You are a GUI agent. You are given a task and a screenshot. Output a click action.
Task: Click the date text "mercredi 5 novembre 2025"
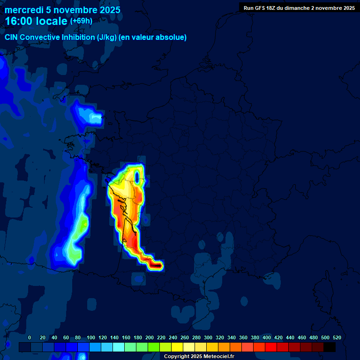pos(62,10)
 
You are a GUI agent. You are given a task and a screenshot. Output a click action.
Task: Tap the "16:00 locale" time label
pos(36,21)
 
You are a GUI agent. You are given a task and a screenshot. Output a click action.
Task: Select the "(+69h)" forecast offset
pos(82,21)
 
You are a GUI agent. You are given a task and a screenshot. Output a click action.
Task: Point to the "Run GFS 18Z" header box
pos(299,8)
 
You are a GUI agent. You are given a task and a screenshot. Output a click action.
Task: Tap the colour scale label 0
pos(30,337)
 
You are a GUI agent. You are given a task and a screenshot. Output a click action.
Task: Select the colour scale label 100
pos(91,337)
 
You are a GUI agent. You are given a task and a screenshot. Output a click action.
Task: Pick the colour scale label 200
pos(150,337)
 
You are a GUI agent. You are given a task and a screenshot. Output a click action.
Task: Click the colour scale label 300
pos(208,337)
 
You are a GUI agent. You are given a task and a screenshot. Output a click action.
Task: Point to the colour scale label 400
pos(267,337)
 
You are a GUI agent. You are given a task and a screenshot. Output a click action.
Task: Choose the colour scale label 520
pos(337,337)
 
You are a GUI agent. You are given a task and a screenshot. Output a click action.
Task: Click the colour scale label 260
pos(185,337)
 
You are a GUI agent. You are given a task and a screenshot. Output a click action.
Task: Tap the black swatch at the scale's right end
pos(330,347)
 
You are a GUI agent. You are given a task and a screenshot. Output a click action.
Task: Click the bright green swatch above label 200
pos(154,347)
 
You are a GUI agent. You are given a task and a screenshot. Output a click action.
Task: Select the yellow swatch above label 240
pos(177,347)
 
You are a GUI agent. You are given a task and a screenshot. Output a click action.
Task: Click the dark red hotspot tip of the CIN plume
pos(157,266)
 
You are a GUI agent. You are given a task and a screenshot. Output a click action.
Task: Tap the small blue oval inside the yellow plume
pos(137,177)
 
